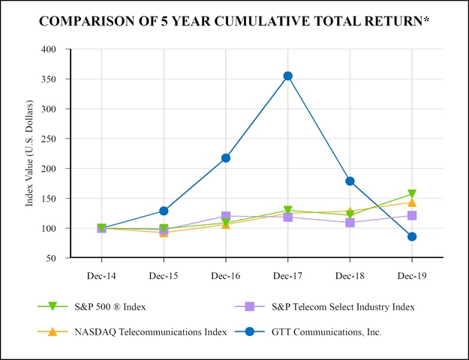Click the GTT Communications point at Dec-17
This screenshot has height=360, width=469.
coord(287,76)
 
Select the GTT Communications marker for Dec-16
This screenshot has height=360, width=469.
coord(226,158)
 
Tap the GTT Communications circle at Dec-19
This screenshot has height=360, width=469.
coord(412,237)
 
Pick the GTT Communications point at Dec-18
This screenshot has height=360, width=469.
coord(350,181)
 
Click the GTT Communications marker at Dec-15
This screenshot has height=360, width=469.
coord(164,211)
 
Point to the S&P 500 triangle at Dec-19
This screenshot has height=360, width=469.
coord(412,194)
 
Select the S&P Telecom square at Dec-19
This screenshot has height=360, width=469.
coord(412,215)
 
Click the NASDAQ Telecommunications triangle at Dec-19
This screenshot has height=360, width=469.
coord(412,202)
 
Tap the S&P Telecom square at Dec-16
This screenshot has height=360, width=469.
coord(226,216)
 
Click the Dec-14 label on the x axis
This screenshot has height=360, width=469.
coord(101,276)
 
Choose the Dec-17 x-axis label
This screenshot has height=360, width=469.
coord(287,276)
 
